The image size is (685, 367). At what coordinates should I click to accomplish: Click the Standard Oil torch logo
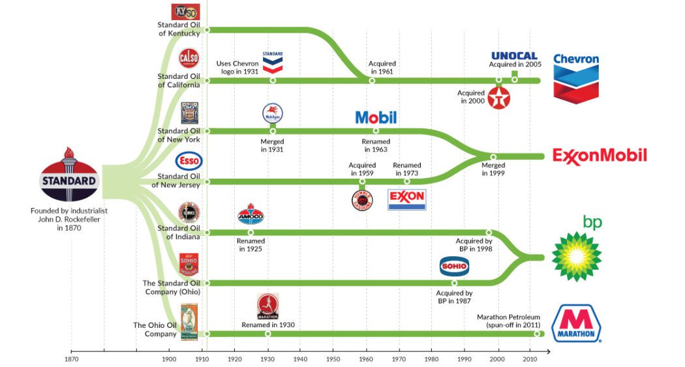[x=69, y=176]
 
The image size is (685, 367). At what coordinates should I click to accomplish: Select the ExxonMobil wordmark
[x=600, y=156]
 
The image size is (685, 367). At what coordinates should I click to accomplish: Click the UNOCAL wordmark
[x=514, y=56]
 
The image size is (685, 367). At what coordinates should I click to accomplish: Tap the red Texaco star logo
[x=499, y=98]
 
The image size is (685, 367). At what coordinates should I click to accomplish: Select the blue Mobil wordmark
[x=376, y=118]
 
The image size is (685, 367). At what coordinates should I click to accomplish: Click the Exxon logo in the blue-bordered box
[x=406, y=199]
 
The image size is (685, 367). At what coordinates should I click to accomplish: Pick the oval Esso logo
[x=189, y=161]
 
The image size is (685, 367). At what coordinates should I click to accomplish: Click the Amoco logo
[x=251, y=215]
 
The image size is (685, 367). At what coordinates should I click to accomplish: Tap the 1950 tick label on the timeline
[x=333, y=359]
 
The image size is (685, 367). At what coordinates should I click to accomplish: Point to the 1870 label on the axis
[x=71, y=359]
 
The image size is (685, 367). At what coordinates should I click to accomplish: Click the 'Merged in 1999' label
[x=493, y=169]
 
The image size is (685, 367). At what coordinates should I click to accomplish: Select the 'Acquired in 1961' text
[x=382, y=68]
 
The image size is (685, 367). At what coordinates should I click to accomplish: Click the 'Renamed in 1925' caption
[x=251, y=244]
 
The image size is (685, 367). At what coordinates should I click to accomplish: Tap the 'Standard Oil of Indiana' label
[x=179, y=232]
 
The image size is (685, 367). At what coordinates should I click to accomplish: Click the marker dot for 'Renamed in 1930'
[x=267, y=334]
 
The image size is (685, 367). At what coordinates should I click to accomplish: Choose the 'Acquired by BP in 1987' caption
[x=454, y=297]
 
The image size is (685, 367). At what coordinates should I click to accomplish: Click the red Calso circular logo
[x=189, y=59]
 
